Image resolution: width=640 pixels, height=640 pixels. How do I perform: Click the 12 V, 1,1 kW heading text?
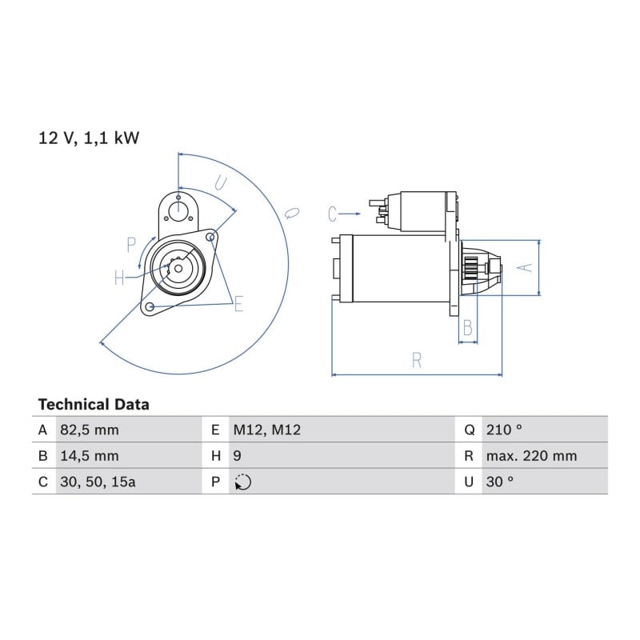coord(89,138)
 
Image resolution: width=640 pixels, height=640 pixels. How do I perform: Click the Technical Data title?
coord(94,405)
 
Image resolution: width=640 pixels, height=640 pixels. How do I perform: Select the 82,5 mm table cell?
coord(90,430)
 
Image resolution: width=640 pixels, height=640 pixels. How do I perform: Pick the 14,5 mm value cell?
coord(90,456)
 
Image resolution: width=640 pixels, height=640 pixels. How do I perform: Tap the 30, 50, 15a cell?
coord(98,482)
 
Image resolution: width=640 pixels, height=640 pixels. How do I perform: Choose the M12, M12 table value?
coord(267,430)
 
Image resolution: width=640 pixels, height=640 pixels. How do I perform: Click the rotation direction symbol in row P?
coord(243,482)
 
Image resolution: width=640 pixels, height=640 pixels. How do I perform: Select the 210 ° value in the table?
coord(504,430)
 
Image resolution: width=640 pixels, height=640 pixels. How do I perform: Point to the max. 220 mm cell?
coord(531,456)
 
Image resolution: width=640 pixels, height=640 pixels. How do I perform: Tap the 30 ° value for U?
coord(499,482)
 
